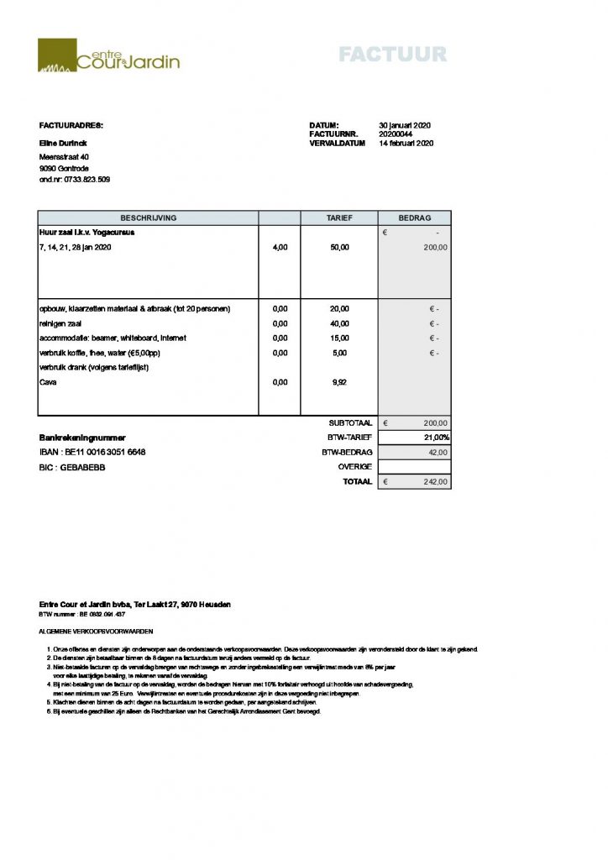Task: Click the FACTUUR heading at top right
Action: (392, 55)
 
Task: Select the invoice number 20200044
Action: (396, 134)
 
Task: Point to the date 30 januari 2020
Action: (405, 125)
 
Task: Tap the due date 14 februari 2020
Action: (406, 144)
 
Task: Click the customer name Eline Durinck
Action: (63, 144)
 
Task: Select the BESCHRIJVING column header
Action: (148, 218)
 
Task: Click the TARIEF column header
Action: (339, 218)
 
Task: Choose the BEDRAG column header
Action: (414, 218)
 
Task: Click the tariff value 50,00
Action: (339, 248)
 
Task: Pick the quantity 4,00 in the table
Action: (280, 248)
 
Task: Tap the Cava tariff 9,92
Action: (339, 382)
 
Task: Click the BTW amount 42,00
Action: (438, 452)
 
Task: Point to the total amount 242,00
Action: (436, 482)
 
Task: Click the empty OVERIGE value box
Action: (414, 467)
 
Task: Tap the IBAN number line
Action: (92, 453)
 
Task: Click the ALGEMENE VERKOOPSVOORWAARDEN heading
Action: (97, 630)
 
